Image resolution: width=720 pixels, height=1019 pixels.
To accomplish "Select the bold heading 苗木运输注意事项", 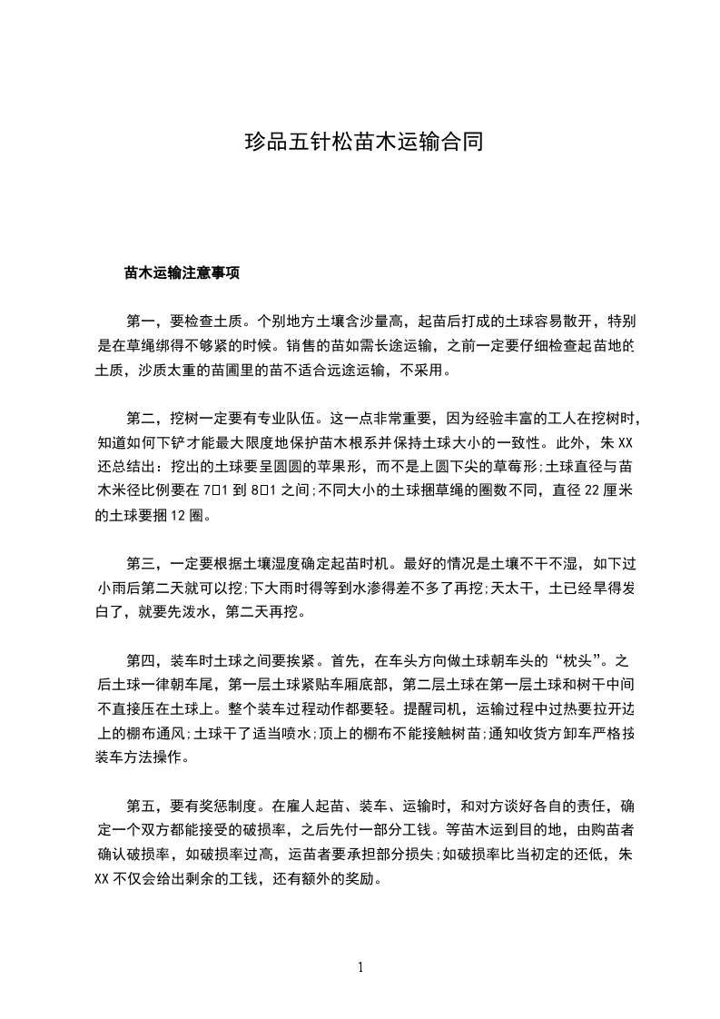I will (182, 272).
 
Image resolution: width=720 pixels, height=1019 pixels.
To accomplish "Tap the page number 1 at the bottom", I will (361, 967).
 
